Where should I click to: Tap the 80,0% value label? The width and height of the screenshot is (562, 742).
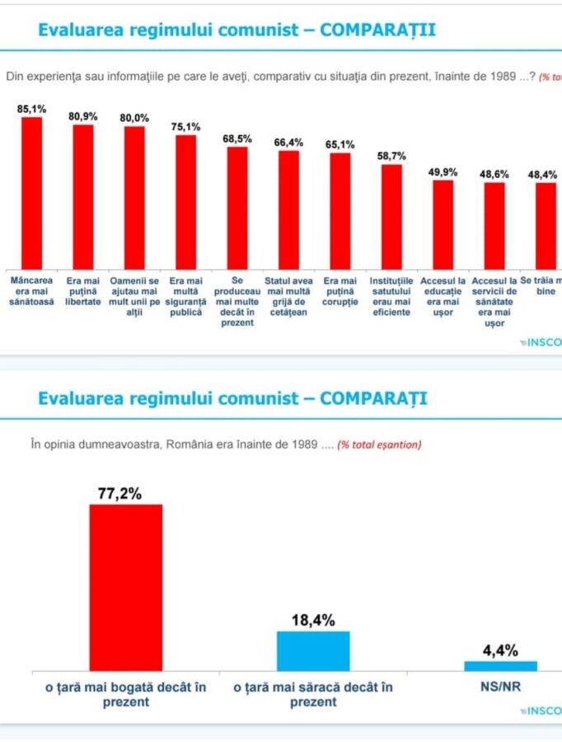[134, 118]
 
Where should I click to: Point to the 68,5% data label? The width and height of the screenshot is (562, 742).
[237, 139]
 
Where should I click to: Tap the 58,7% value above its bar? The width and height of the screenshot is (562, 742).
[391, 156]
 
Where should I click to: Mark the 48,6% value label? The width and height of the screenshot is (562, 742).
[494, 174]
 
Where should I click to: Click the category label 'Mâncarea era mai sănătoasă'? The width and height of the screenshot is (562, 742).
[31, 292]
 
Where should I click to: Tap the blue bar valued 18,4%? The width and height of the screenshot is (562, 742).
[312, 650]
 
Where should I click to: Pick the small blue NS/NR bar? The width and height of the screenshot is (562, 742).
[500, 665]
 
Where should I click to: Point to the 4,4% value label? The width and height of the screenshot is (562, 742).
[500, 650]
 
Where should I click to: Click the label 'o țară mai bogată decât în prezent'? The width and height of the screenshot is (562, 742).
[125, 694]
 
